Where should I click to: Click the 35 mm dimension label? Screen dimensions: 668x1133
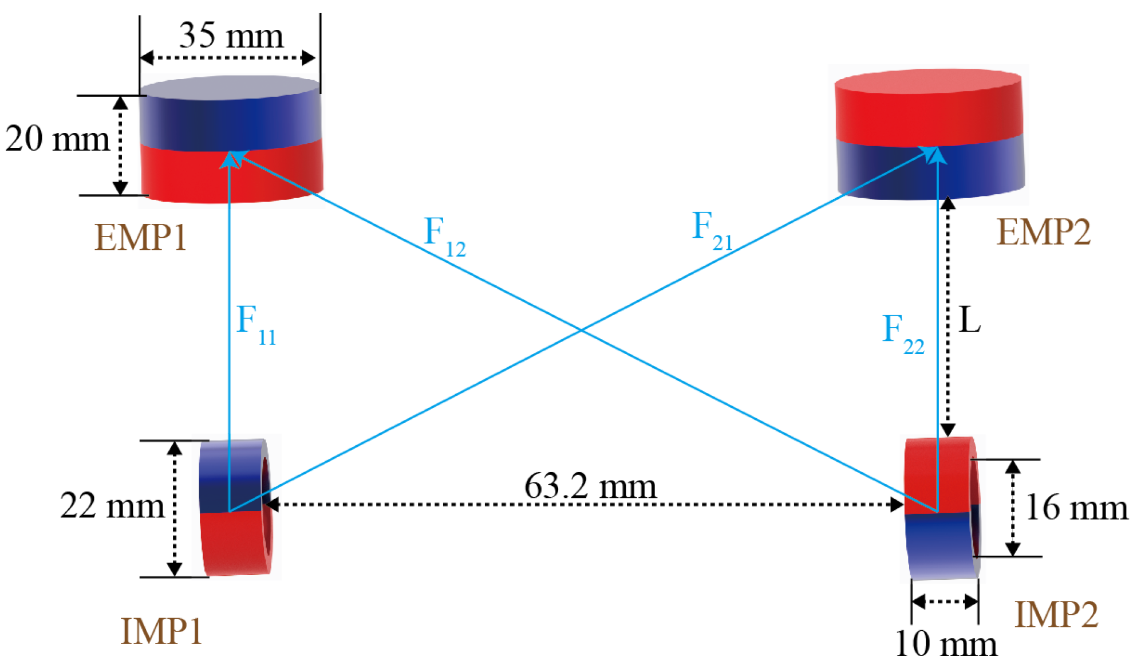click(x=231, y=36)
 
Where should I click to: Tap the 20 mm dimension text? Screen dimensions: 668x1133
click(x=57, y=139)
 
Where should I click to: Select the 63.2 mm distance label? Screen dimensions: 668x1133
click(x=590, y=486)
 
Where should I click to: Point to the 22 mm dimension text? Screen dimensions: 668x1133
click(x=112, y=506)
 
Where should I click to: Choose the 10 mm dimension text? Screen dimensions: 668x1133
click(x=946, y=644)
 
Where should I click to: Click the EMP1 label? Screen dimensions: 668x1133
click(x=141, y=237)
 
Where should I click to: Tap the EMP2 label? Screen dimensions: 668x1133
click(x=1044, y=233)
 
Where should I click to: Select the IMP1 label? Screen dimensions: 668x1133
click(x=161, y=631)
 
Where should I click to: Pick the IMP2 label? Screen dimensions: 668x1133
click(x=1056, y=615)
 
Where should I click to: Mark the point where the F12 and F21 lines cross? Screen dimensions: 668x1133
click(x=582, y=330)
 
